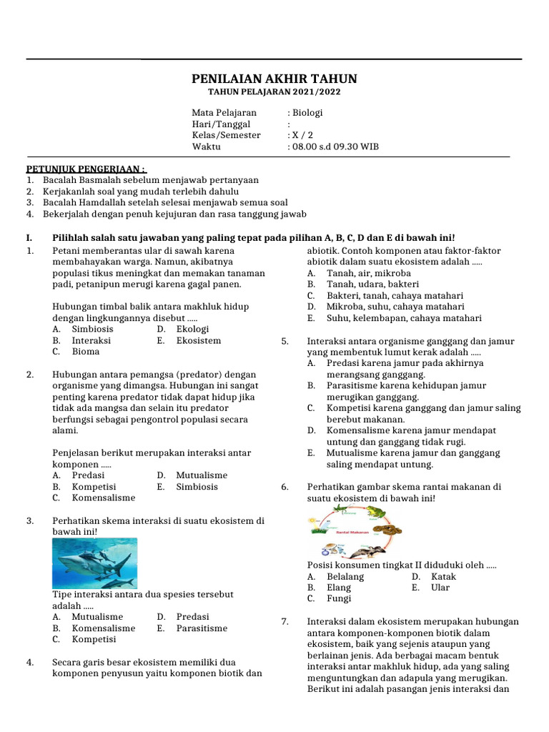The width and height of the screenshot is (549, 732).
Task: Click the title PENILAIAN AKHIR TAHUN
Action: click(x=274, y=79)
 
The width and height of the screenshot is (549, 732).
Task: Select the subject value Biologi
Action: click(x=307, y=113)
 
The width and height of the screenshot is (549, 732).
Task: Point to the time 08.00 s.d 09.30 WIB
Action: click(x=335, y=147)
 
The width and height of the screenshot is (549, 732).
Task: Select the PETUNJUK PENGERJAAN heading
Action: click(x=86, y=169)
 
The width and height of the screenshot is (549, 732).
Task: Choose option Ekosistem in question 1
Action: click(x=199, y=341)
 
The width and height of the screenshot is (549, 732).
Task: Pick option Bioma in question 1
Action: click(x=86, y=352)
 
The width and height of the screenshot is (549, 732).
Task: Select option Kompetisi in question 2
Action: click(x=94, y=486)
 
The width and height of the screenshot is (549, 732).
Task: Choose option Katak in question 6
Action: click(x=443, y=576)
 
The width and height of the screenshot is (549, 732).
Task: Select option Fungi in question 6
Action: click(x=339, y=598)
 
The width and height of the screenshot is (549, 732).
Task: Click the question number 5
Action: click(x=285, y=341)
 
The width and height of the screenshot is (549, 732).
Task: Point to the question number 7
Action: click(x=285, y=622)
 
